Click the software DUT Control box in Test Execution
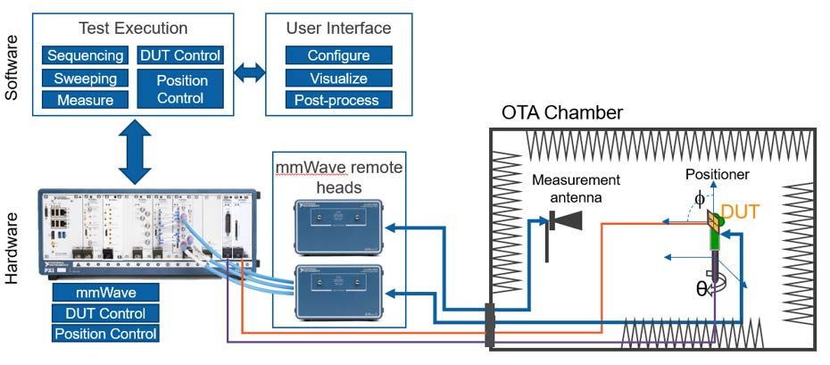pos(181,55)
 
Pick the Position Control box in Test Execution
pos(181,88)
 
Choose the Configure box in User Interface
pos(338,55)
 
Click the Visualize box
pos(338,78)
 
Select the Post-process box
pos(338,100)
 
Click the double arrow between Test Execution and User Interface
pos(250,73)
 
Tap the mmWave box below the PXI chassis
pos(105,293)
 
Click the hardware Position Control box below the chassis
pos(105,334)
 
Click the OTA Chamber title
pos(561,113)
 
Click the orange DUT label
pos(740,212)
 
